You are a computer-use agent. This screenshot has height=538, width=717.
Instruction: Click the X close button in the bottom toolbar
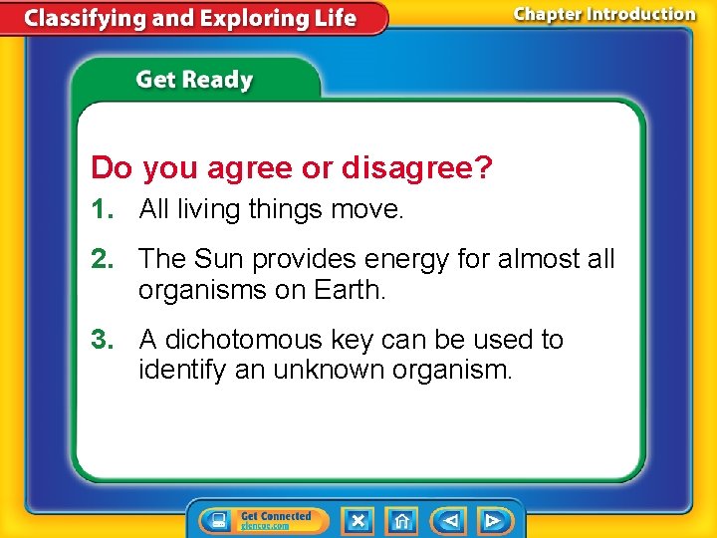358,520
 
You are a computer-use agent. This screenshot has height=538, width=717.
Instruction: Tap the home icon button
401,520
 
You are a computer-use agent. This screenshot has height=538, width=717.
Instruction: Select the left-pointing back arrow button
450,520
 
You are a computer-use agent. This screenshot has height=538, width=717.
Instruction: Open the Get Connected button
264,520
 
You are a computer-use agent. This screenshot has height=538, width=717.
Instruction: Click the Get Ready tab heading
194,80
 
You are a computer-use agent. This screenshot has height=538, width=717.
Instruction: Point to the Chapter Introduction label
604,14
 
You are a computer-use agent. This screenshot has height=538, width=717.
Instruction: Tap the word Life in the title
333,19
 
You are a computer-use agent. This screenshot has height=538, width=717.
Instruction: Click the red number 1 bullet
102,209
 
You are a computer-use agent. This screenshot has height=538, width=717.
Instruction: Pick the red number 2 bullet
102,259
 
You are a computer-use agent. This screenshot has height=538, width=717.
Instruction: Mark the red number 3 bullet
102,340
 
